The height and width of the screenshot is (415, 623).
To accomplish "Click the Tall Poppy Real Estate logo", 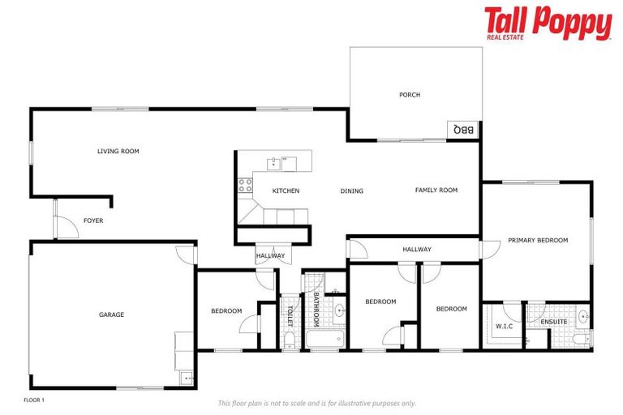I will coord(548,24).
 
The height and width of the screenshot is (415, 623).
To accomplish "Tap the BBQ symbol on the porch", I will coord(463,130).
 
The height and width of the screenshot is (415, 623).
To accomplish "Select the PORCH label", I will coord(410,95).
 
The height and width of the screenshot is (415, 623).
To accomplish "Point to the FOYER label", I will coord(93,220).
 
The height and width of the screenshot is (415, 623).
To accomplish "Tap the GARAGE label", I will coord(111,314).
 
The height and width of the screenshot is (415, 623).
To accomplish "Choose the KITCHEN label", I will coord(286,191).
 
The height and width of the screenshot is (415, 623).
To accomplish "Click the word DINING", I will coord(352,191).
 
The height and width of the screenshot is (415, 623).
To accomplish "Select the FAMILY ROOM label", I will coord(436,190).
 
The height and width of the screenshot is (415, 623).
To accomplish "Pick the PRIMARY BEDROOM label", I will coord(538,240).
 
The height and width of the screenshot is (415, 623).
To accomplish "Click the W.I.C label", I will coord(504,327).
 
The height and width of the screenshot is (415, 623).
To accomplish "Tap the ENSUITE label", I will coord(554,322).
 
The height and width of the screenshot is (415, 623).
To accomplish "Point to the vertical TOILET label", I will coord(290,311).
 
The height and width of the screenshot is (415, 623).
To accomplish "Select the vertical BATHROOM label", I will coord(316,309).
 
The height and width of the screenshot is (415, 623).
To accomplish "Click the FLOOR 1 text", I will coord(33,400).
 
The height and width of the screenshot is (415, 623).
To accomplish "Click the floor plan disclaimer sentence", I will coord(316,403).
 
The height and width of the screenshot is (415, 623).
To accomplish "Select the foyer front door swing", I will coord(67,227).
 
